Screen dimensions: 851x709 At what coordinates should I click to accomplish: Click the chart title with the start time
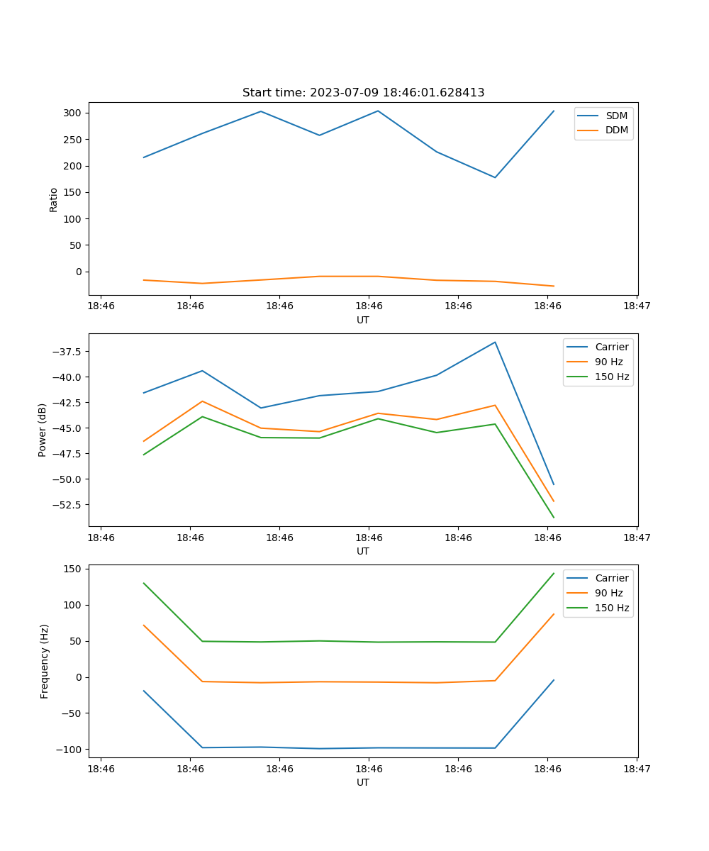point(363,93)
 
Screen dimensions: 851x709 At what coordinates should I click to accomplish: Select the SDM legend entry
point(616,116)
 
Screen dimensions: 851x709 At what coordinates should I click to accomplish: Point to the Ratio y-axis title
point(54,199)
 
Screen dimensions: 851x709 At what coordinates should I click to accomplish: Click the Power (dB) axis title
point(43,430)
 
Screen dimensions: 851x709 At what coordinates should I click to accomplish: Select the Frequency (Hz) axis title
point(44,661)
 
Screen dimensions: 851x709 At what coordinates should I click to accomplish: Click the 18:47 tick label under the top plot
point(637,306)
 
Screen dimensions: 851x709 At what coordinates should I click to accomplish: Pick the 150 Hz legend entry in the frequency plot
point(612,608)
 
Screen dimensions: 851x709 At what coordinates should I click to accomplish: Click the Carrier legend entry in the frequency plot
point(611,578)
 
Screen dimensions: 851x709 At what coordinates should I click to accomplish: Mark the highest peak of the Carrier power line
point(495,343)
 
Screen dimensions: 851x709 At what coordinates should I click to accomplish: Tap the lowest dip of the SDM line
point(495,177)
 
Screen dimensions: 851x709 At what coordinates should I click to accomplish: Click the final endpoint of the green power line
point(554,518)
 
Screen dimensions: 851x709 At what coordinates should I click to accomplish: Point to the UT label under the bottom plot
point(363,782)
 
